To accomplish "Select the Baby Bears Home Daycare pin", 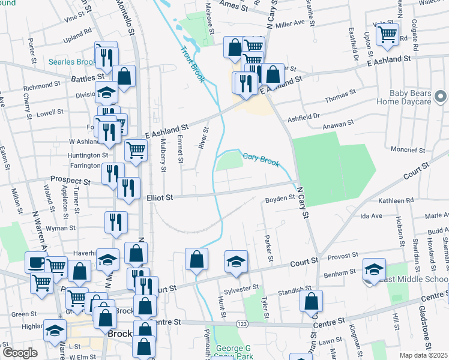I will (x=441, y=97).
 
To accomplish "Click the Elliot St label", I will (x=160, y=197).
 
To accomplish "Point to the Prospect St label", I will (x=70, y=180).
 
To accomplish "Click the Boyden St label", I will (x=280, y=197).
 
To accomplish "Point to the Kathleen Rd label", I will (x=400, y=200).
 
